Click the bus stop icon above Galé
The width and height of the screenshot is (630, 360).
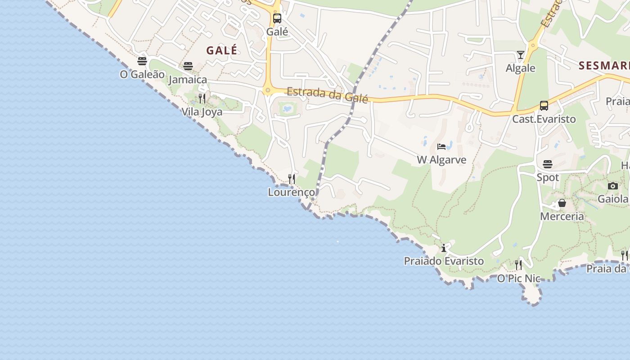pos(277,18)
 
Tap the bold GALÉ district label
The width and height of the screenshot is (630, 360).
pos(222,50)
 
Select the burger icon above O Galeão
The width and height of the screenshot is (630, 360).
pos(142,61)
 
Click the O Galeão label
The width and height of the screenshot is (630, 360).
pos(142,74)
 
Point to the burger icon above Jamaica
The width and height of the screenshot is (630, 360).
pos(188,66)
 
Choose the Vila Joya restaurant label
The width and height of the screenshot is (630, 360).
pos(202,112)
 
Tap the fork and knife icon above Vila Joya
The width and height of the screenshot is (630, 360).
pos(202,98)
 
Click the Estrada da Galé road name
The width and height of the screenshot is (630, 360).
pos(327,94)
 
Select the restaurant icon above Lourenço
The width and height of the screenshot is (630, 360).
pos(292,179)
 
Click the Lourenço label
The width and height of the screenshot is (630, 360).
pos(292,192)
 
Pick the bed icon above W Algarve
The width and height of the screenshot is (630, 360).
pos(441,147)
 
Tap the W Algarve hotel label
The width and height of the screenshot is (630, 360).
pos(441,160)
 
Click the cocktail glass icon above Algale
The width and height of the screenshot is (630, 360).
pos(521,55)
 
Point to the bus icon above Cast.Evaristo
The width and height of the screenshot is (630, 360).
pos(544,106)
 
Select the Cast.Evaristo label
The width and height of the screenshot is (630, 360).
pos(544,119)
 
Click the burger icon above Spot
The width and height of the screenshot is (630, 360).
pos(548,164)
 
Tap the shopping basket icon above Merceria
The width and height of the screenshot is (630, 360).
pos(562,203)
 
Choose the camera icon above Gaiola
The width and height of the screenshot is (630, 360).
pos(612,186)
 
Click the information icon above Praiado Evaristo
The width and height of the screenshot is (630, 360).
pos(444,248)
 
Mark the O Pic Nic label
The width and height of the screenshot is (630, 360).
pos(518,279)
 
